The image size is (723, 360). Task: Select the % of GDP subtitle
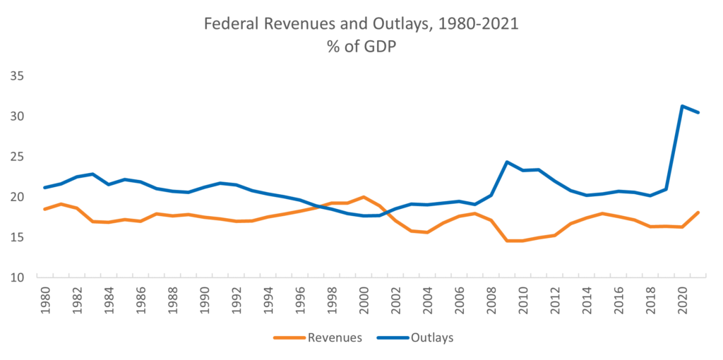click(x=361, y=47)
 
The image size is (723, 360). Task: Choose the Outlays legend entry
click(x=415, y=337)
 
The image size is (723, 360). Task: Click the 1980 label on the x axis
click(x=44, y=301)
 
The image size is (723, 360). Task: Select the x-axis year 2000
click(x=364, y=301)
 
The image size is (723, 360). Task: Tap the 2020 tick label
click(x=683, y=301)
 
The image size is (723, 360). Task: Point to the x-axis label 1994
click(x=268, y=301)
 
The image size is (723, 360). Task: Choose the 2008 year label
click(x=491, y=301)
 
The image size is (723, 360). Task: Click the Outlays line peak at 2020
click(x=682, y=106)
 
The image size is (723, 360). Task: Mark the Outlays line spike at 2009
click(x=507, y=162)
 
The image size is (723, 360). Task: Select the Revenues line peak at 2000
click(x=364, y=197)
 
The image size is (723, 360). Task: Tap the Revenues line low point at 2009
click(x=507, y=241)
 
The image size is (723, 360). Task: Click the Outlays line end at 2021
click(x=698, y=112)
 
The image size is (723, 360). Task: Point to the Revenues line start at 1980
click(x=44, y=209)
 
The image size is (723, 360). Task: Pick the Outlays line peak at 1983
click(x=92, y=174)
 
